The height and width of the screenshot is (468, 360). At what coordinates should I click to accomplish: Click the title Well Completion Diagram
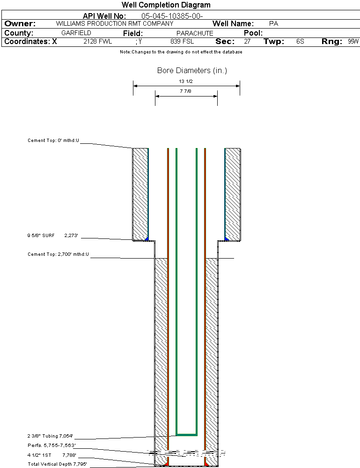[166, 5]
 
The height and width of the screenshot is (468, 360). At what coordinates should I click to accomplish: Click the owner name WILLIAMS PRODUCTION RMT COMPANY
[114, 23]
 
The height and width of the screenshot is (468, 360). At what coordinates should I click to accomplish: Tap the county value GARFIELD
[76, 33]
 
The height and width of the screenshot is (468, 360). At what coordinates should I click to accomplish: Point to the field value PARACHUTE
[195, 33]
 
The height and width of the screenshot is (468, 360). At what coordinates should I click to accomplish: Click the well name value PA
[274, 23]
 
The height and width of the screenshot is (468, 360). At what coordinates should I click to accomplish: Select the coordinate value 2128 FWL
[98, 42]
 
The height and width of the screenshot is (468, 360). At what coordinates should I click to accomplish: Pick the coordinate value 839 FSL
[182, 42]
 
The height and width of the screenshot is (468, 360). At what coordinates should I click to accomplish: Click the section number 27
[247, 42]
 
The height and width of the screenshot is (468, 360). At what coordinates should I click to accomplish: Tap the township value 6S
[300, 42]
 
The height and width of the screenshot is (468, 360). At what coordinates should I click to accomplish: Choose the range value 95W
[353, 42]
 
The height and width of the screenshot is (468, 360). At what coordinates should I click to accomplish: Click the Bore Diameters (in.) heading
[192, 71]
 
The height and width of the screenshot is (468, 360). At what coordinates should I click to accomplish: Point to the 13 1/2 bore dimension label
[186, 81]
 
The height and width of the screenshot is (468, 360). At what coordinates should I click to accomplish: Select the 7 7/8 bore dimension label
[186, 91]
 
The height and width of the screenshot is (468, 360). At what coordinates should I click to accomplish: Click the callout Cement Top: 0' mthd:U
[53, 140]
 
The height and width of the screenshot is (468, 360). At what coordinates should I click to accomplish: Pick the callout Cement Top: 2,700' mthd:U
[58, 254]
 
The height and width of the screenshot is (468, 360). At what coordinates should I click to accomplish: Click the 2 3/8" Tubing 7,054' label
[51, 436]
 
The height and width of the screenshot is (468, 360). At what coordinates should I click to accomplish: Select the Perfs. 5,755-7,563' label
[52, 445]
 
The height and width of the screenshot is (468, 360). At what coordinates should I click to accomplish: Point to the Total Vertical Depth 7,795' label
[58, 464]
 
